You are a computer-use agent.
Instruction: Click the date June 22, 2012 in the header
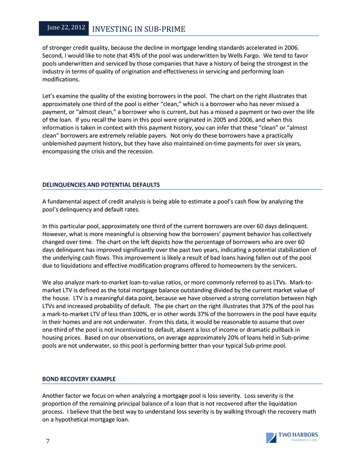[x=67, y=28]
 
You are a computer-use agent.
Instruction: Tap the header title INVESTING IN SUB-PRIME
[x=139, y=29]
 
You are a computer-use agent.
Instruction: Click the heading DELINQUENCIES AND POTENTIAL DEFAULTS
[x=101, y=185]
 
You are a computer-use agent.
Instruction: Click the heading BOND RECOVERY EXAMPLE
[x=79, y=379]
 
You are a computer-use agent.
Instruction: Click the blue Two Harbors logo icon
[x=271, y=438]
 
